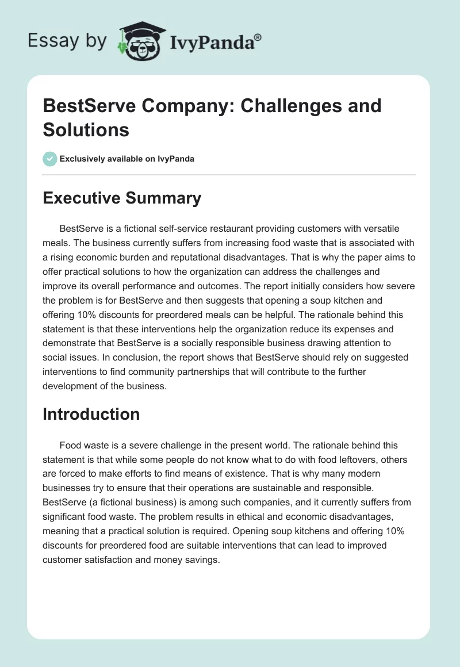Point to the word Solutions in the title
tap(86, 129)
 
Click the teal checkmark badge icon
tap(49, 158)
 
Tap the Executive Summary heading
tap(122, 198)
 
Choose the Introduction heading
tap(91, 414)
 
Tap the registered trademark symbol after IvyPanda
tap(258, 36)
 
